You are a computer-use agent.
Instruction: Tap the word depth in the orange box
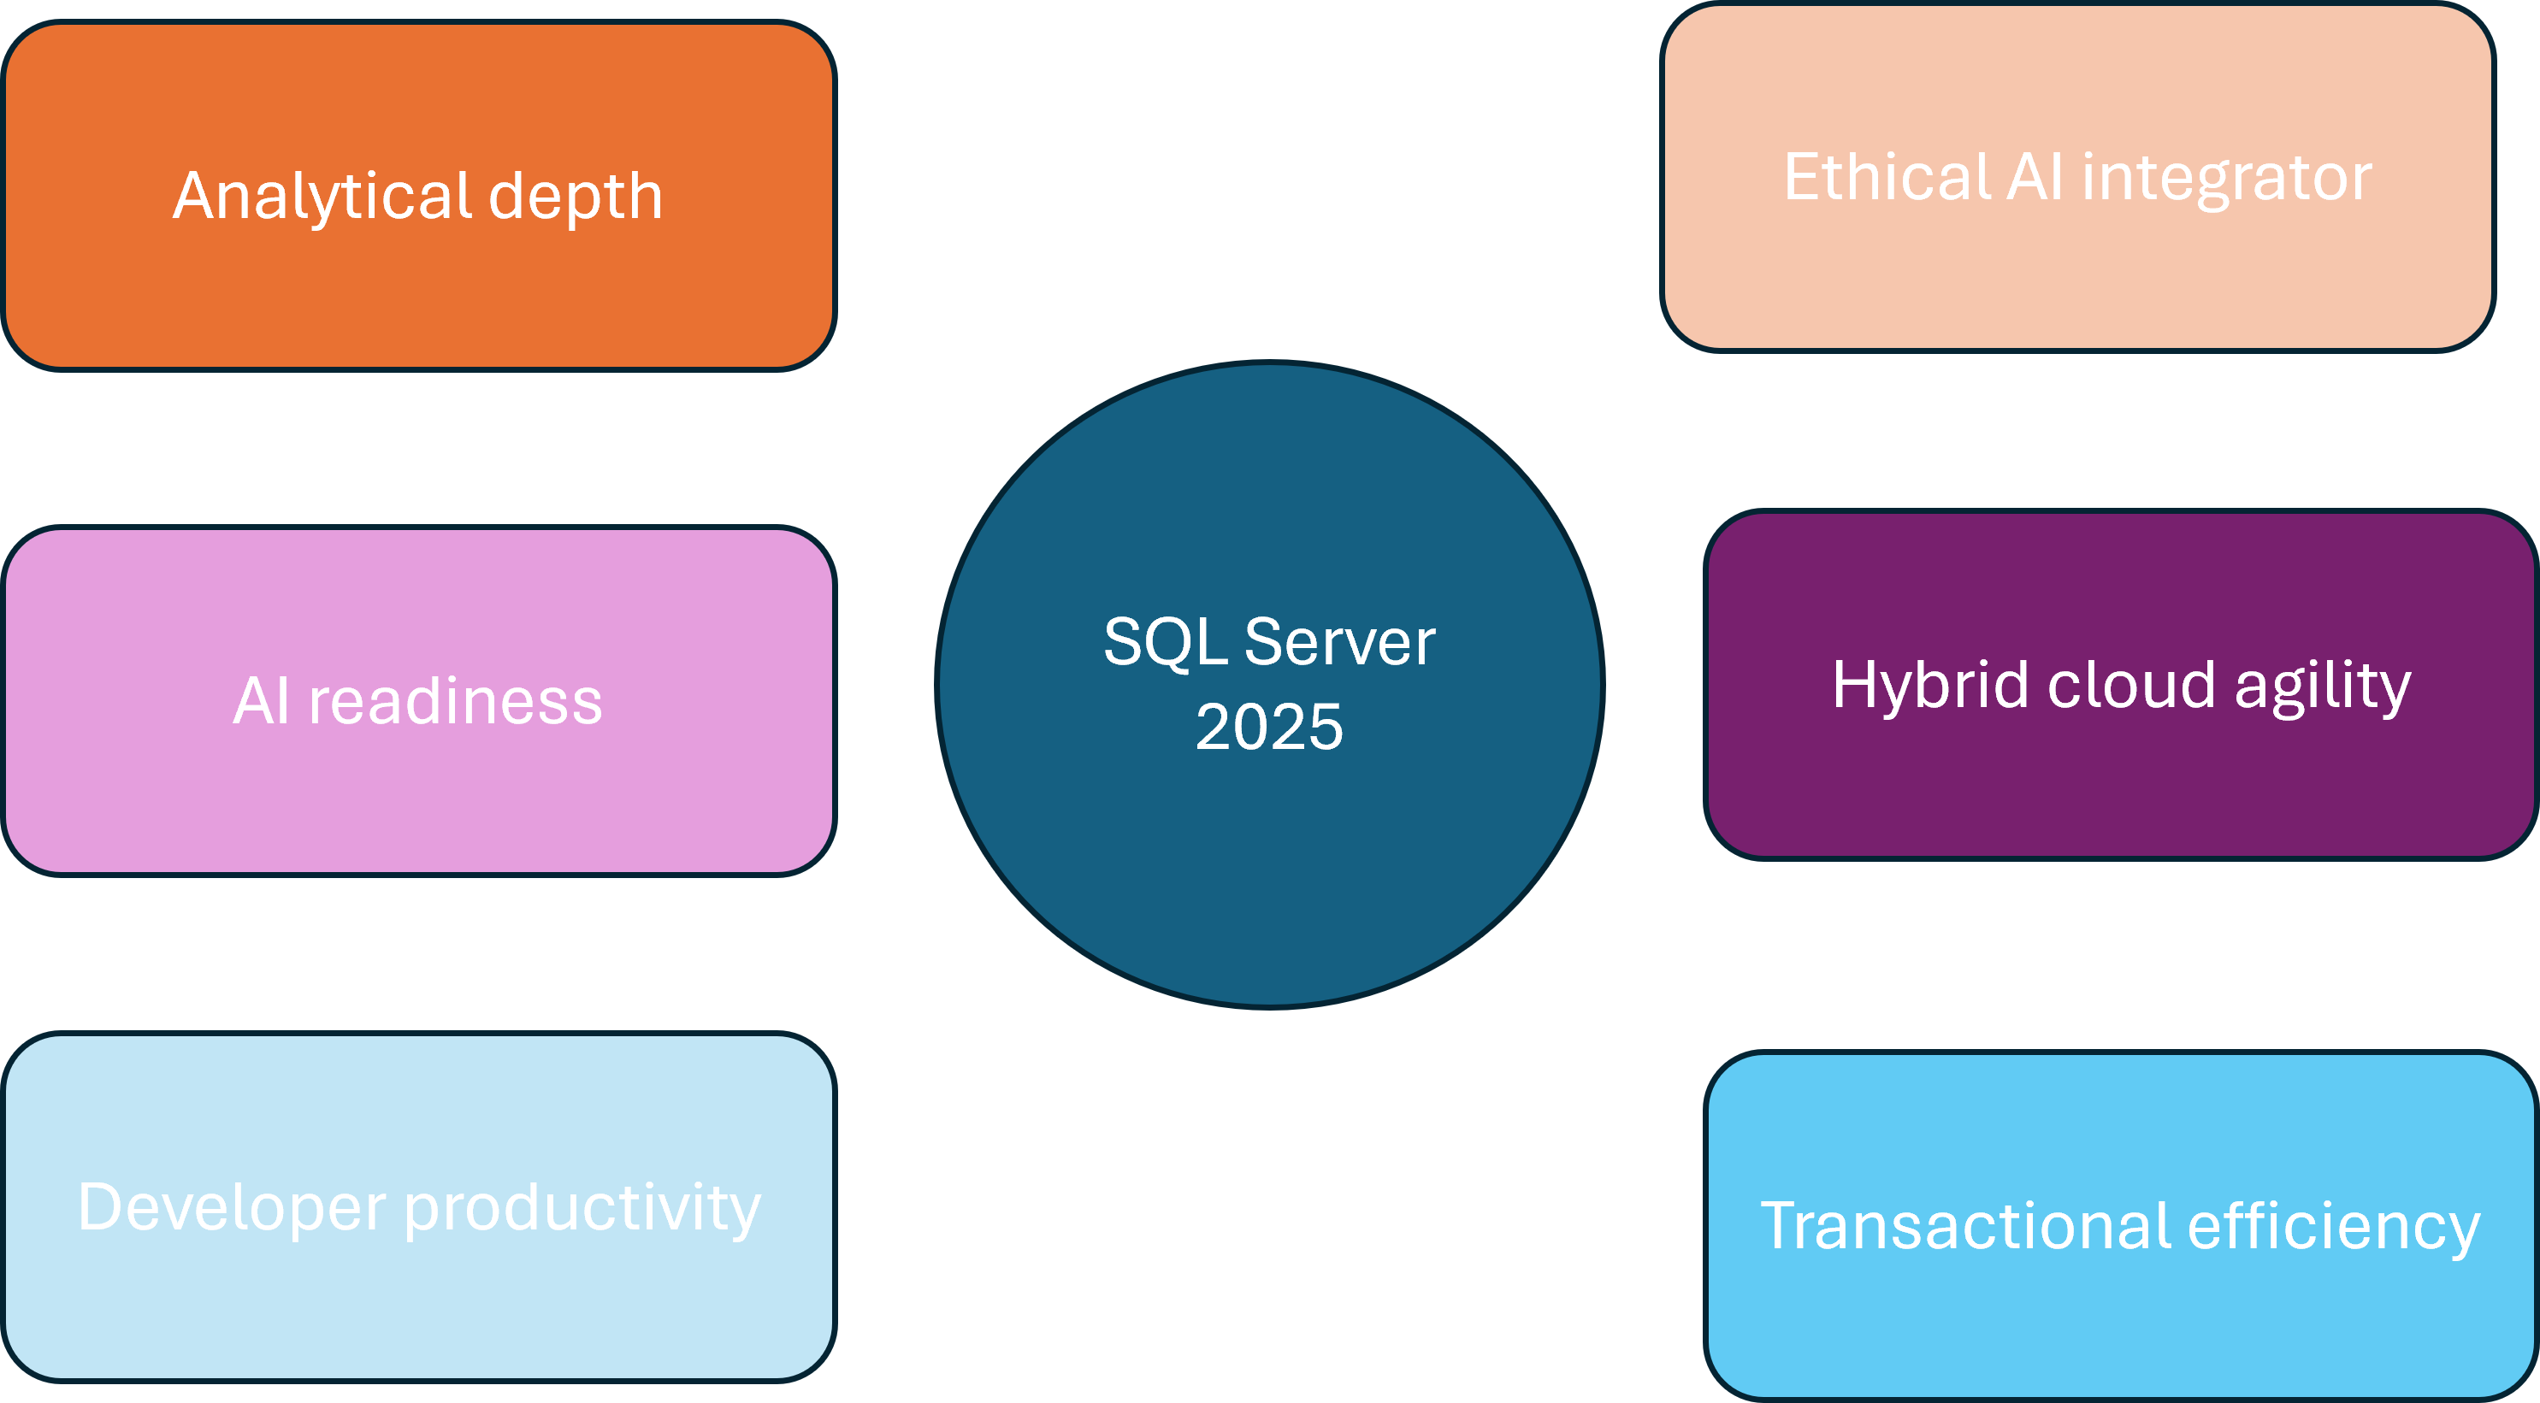coord(575,196)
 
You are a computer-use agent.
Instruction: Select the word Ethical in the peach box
coord(1887,178)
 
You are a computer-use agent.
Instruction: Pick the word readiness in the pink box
coord(456,702)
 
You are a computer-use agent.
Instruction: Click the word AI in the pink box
coord(262,702)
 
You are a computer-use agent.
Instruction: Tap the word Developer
coord(232,1209)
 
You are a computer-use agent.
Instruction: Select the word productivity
coord(582,1209)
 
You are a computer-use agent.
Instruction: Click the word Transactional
coord(1966,1227)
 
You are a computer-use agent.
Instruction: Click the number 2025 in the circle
coord(1269,728)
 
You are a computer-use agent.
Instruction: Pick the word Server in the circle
coord(1340,643)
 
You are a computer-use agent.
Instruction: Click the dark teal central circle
coord(1269,868)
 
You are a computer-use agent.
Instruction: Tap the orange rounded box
coord(419,296)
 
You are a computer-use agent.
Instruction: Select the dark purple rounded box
coord(2120,789)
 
